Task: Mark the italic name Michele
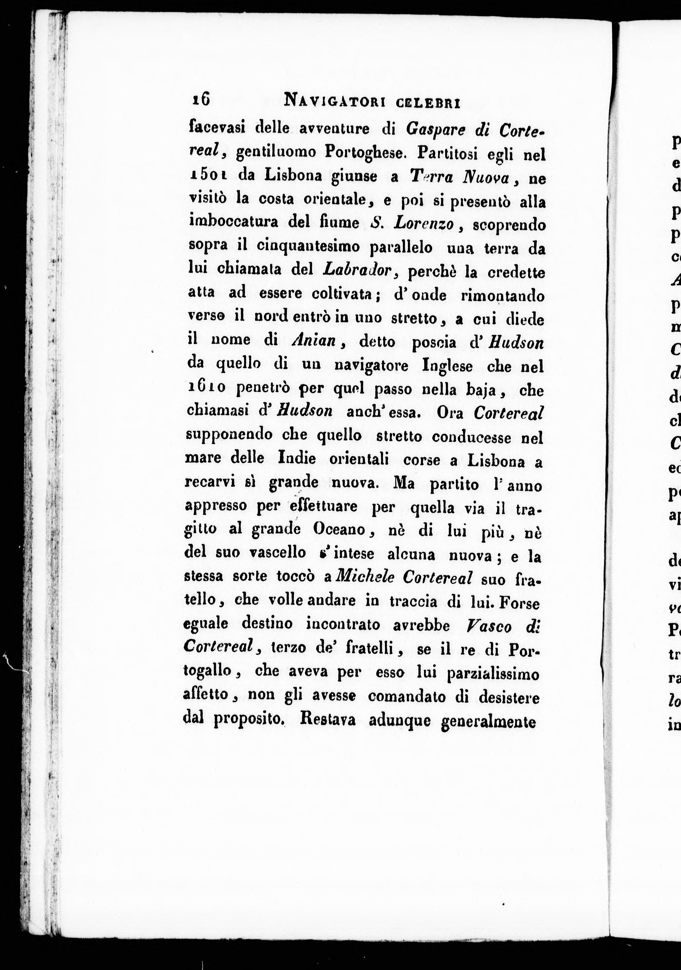365,577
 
